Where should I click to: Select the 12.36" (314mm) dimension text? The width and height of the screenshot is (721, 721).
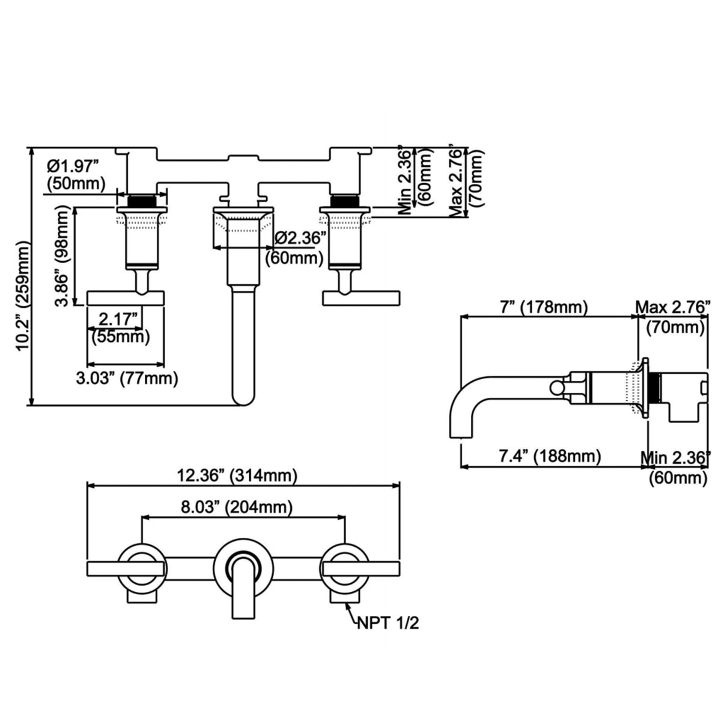[x=237, y=476]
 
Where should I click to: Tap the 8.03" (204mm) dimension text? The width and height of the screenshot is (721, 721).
[x=237, y=507]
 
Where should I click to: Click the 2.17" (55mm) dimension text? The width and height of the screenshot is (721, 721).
[x=120, y=326]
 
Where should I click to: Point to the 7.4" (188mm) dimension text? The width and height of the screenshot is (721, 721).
[x=550, y=456]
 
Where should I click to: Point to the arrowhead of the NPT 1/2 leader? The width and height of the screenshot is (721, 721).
[x=347, y=603]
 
